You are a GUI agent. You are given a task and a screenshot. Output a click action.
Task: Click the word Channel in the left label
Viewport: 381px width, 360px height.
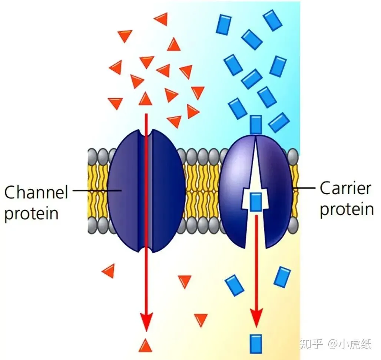pyautogui.click(x=36, y=192)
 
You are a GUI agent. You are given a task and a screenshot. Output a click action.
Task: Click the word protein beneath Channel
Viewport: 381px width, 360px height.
pyautogui.click(x=32, y=214)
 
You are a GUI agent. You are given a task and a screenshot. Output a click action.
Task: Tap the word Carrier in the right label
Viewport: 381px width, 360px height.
pyautogui.click(x=345, y=188)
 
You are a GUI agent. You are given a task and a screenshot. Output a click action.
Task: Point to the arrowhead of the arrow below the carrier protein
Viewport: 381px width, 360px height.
pyautogui.click(x=256, y=318)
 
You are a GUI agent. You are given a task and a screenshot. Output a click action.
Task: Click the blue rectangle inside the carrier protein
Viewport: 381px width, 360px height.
pyautogui.click(x=256, y=202)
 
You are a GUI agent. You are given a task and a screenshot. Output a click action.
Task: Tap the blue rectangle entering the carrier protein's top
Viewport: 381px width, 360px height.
pyautogui.click(x=256, y=125)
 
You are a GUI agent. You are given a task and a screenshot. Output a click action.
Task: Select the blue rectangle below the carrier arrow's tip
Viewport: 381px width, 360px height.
pyautogui.click(x=256, y=344)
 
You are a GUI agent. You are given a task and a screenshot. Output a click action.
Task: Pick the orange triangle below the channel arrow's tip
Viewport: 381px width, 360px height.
pyautogui.click(x=145, y=346)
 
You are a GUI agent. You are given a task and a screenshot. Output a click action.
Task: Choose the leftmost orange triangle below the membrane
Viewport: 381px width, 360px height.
pyautogui.click(x=109, y=271)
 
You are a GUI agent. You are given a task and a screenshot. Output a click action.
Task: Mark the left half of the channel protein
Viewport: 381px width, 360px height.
pyautogui.click(x=123, y=191)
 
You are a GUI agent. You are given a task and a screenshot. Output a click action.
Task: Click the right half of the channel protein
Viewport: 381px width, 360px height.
pyautogui.click(x=168, y=191)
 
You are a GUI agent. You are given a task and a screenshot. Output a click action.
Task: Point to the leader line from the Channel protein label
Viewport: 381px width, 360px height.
pyautogui.click(x=97, y=190)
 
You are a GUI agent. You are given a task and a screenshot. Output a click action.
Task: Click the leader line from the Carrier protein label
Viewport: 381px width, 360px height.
pyautogui.click(x=304, y=188)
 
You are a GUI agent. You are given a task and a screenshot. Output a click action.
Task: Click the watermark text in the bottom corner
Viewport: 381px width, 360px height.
pyautogui.click(x=335, y=344)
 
